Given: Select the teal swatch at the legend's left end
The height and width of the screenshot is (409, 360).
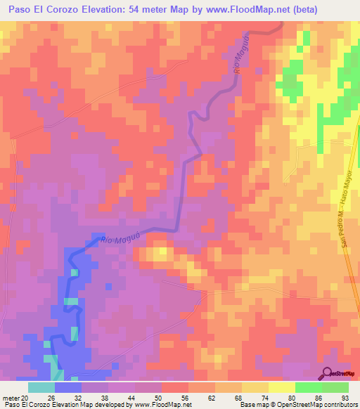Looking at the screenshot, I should pyautogui.click(x=41, y=387).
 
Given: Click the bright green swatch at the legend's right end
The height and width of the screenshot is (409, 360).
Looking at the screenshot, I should pyautogui.click(x=335, y=387).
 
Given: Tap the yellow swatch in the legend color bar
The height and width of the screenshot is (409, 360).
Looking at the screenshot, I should pyautogui.click(x=281, y=387).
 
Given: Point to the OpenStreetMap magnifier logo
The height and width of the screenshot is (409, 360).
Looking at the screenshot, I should pyautogui.click(x=327, y=373).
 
